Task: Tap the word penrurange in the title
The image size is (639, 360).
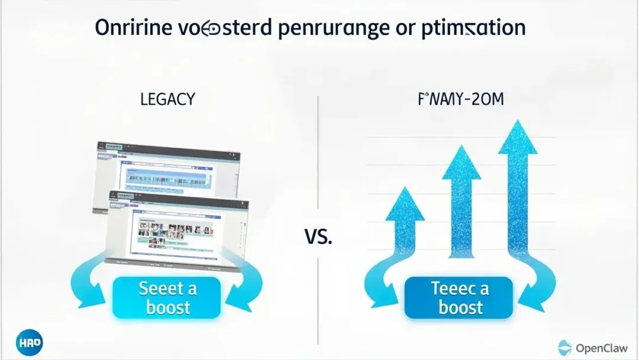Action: [332, 29]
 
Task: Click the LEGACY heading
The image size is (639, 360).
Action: [167, 99]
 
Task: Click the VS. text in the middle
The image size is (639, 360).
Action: [319, 238]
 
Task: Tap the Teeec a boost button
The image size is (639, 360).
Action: [460, 298]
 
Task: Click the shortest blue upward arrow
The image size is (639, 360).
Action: [405, 231]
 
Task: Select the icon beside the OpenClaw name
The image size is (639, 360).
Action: [564, 346]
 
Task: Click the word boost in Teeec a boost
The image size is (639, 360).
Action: [461, 308]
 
